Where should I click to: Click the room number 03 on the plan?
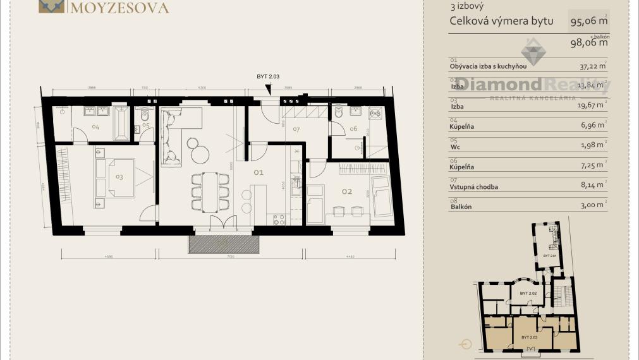point(119,177)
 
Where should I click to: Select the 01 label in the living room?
point(258,172)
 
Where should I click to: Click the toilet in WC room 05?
point(145,115)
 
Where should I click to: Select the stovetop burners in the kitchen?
point(279,219)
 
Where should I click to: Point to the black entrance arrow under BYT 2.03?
point(269,90)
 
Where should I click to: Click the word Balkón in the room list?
point(461,207)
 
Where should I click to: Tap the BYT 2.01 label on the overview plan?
point(550,256)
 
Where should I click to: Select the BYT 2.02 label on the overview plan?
point(528,294)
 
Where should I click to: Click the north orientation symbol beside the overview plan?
point(466,344)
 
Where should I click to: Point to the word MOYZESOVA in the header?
point(119,8)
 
